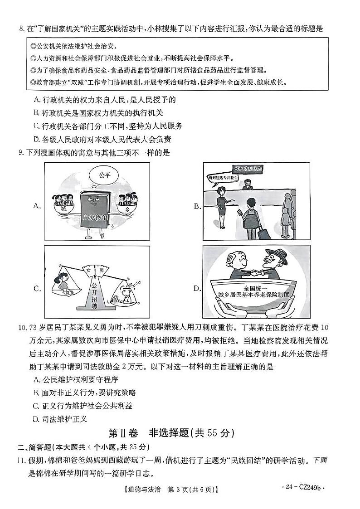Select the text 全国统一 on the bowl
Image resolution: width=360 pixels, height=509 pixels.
tap(256, 288)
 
